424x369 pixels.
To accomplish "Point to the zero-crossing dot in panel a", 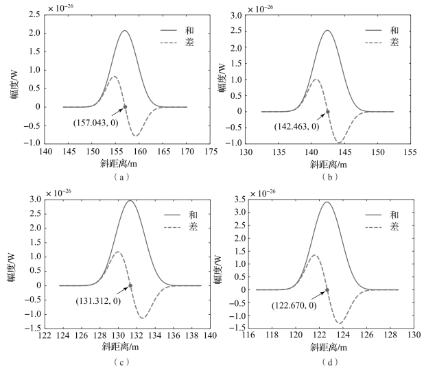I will [x=125, y=107].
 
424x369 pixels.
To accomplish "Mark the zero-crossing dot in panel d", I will [x=327, y=289].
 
